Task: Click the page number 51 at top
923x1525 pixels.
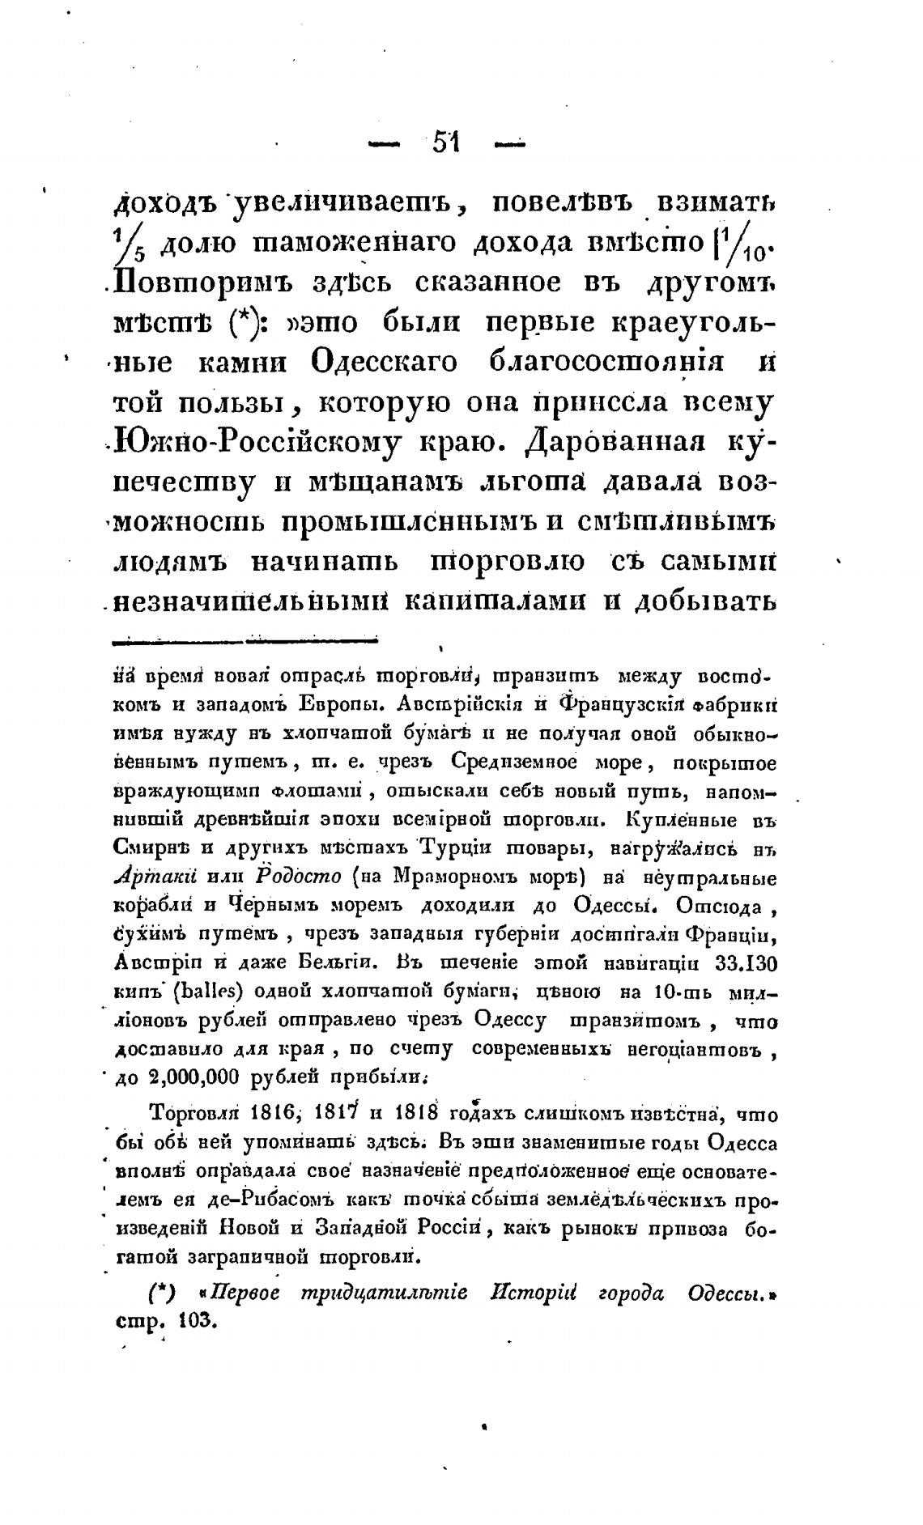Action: coord(446,143)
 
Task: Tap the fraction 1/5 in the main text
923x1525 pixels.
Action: coord(132,244)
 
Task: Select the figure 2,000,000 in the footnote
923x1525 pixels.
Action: coord(198,1077)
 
